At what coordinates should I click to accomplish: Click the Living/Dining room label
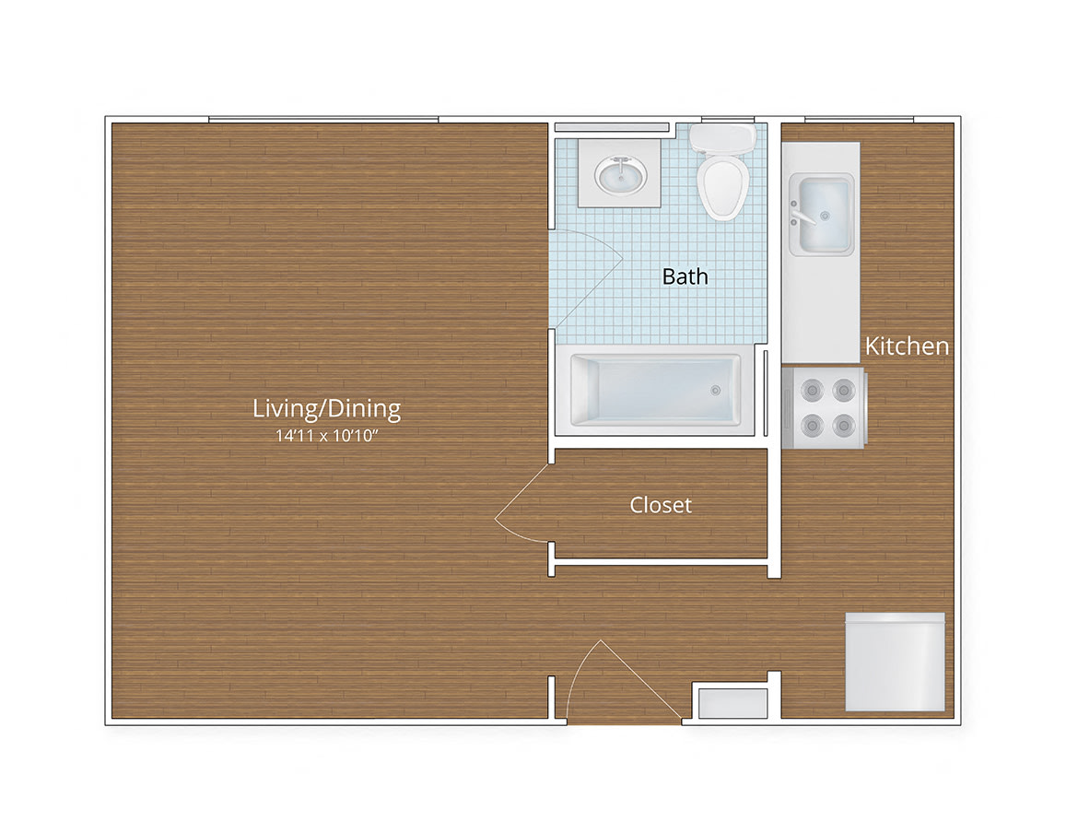[x=326, y=409]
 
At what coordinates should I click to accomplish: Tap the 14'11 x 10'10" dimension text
[x=326, y=436]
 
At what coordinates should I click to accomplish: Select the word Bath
[x=685, y=276]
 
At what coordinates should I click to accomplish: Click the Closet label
[x=661, y=505]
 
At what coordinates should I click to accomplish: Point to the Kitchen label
[x=907, y=346]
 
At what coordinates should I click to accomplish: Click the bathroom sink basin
[x=620, y=174]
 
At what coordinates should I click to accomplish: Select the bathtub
[x=655, y=390]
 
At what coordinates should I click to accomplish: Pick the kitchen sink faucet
[x=801, y=214]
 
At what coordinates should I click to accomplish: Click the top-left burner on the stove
[x=813, y=391]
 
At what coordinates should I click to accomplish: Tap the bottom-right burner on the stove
[x=844, y=426]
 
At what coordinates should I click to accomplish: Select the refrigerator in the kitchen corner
[x=896, y=662]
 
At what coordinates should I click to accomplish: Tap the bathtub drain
[x=716, y=391]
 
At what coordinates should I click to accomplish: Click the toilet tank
[x=722, y=139]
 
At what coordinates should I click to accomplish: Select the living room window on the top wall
[x=323, y=120]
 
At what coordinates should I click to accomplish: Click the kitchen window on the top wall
[x=860, y=120]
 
